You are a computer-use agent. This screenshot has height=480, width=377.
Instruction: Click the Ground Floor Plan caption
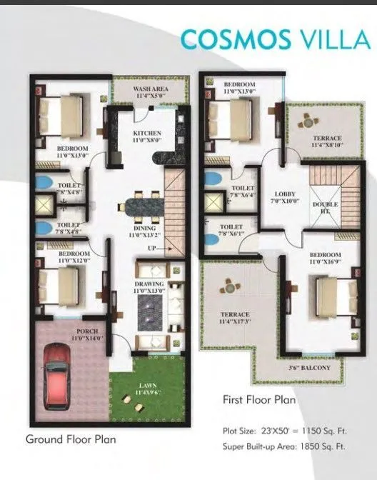pyautogui.click(x=71, y=439)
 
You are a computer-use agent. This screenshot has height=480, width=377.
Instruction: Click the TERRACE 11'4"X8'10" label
pyautogui.click(x=327, y=141)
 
